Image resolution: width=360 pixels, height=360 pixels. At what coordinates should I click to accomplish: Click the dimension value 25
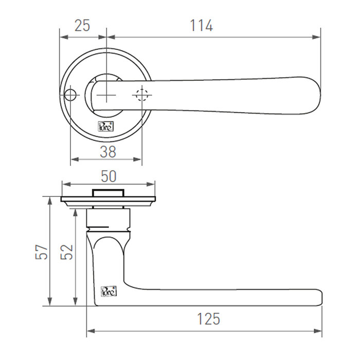click(82, 25)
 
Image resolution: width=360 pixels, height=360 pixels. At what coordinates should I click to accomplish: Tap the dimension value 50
click(108, 176)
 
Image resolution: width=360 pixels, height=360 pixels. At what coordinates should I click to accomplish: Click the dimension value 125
click(208, 319)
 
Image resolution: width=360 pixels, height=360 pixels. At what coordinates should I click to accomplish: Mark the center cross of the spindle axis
click(106, 96)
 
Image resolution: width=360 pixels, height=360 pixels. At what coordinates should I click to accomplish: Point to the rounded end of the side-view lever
click(320, 297)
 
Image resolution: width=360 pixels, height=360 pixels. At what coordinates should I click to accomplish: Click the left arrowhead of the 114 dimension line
click(110, 37)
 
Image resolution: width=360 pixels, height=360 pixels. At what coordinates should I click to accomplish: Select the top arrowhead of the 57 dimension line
click(50, 200)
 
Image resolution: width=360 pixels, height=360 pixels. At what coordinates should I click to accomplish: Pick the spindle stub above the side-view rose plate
click(108, 192)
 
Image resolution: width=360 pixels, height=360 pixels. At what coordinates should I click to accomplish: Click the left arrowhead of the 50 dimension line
click(65, 184)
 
